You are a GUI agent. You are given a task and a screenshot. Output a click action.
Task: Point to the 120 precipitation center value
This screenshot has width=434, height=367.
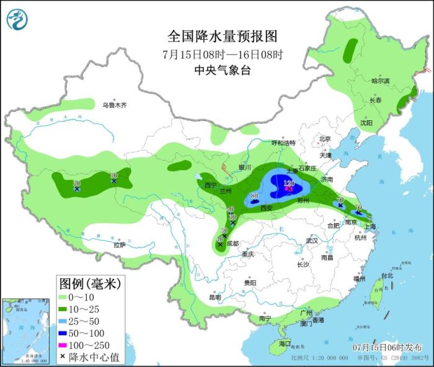coord(289,183)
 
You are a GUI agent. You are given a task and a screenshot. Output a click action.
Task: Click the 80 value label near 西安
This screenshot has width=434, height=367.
coord(254,196)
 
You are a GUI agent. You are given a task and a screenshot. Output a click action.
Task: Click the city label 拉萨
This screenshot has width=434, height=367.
coord(119,245)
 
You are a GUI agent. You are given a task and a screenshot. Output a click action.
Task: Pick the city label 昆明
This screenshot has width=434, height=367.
coord(215,297)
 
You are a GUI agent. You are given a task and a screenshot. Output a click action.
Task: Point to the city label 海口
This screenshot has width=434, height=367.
coord(285,343)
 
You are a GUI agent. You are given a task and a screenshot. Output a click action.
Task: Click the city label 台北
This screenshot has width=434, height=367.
coord(386,275)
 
